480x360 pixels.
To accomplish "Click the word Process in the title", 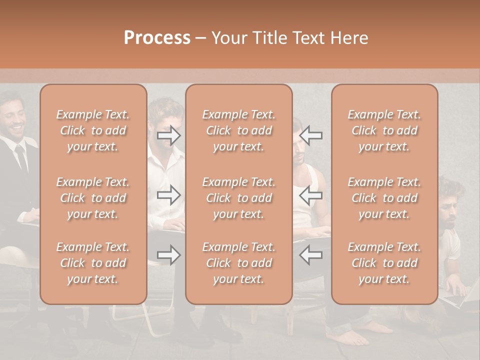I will [157, 38].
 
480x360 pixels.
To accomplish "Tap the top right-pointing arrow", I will [169, 135].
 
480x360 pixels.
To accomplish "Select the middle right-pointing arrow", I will [169, 195].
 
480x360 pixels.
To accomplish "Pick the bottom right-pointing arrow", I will [169, 255].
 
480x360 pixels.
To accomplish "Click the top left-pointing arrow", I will [311, 135].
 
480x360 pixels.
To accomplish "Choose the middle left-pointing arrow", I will [311, 195].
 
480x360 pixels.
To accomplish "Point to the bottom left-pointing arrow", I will [311, 255].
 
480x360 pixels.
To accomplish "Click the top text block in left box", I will [93, 130].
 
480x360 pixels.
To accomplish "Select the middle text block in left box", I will [93, 198].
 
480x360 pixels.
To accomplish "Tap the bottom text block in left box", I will [93, 263].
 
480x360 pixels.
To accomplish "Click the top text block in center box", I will [238, 130].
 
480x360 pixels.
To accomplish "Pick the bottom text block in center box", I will [238, 263].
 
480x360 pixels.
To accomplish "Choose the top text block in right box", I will [384, 130].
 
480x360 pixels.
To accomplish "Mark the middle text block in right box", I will [384, 198].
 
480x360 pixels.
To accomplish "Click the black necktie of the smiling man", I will [20, 157].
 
